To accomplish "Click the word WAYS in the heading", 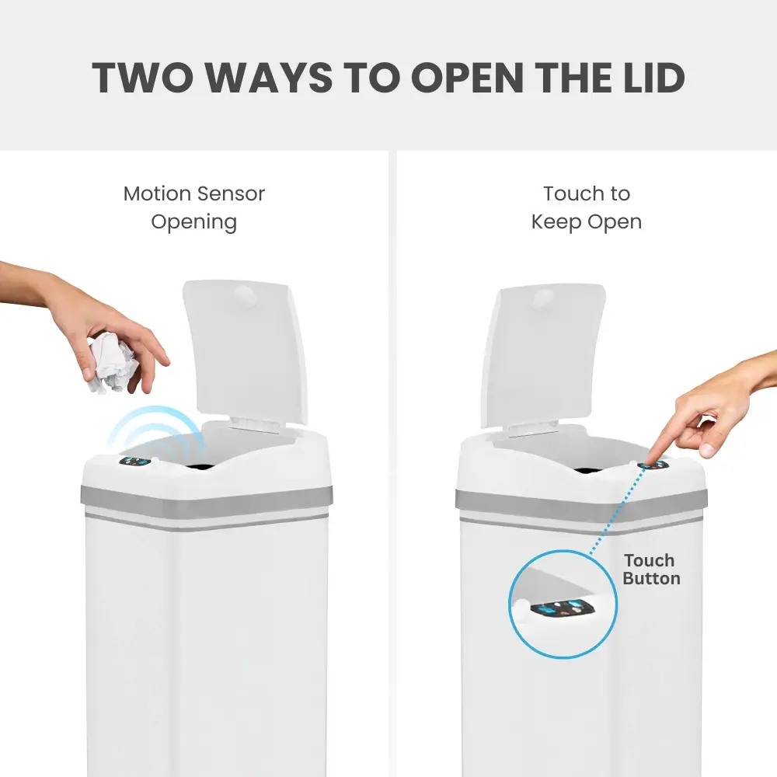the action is click(269, 78).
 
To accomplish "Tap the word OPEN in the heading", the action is click(467, 78).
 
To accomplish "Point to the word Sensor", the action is click(232, 193).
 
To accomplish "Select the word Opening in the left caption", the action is click(193, 222).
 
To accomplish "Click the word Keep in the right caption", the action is click(556, 222).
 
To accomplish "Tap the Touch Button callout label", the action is click(651, 570).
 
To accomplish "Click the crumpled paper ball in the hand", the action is click(113, 362).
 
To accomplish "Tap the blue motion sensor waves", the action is click(156, 429).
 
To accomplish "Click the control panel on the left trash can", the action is click(134, 462).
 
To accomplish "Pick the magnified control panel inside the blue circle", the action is click(563, 608).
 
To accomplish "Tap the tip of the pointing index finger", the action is click(650, 463).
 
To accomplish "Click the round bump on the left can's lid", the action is click(245, 297).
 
